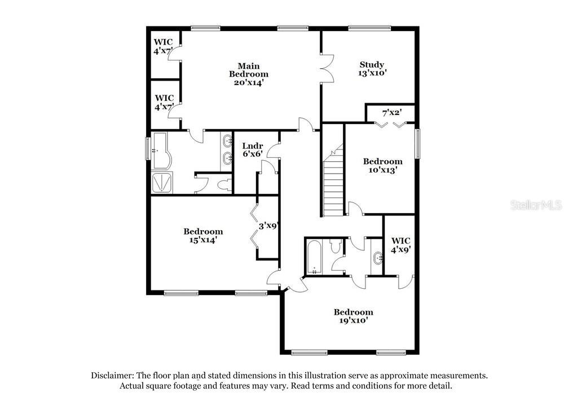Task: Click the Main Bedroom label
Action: click(x=249, y=70)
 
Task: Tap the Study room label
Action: click(x=372, y=65)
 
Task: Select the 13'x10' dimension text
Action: click(x=372, y=73)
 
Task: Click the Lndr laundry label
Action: click(x=253, y=146)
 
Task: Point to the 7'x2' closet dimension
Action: click(x=392, y=113)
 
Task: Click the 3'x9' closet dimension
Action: click(x=268, y=226)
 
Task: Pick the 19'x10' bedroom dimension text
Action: click(x=354, y=320)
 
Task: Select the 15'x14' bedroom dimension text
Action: click(x=203, y=240)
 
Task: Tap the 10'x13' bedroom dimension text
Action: click(x=383, y=170)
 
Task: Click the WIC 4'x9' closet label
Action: click(x=400, y=245)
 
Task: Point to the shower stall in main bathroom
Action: click(x=162, y=183)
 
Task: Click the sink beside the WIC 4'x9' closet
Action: click(x=378, y=258)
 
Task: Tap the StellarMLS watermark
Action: click(x=536, y=205)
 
